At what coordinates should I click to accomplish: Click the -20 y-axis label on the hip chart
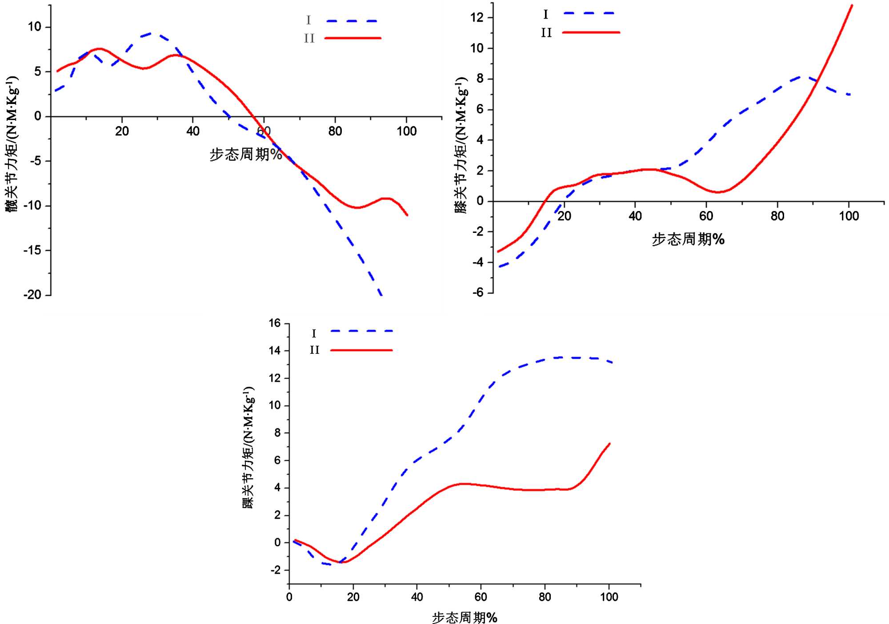pyautogui.click(x=32, y=295)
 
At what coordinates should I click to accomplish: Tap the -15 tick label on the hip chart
pyautogui.click(x=32, y=250)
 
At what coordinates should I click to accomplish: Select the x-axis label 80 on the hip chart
pyautogui.click(x=335, y=131)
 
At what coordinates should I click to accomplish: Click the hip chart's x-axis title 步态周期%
pyautogui.click(x=245, y=155)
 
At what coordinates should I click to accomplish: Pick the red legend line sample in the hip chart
pyautogui.click(x=353, y=38)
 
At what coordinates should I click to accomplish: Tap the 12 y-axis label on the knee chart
pyautogui.click(x=477, y=17)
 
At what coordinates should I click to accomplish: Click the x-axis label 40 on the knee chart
pyautogui.click(x=635, y=216)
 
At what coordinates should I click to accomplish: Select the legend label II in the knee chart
pyautogui.click(x=546, y=33)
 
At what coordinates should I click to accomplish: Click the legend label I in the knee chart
pyautogui.click(x=546, y=15)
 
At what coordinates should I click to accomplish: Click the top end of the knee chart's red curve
pyautogui.click(x=852, y=5)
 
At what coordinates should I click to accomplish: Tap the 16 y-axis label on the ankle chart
pyautogui.click(x=275, y=323)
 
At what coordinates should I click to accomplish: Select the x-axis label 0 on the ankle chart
pyautogui.click(x=289, y=597)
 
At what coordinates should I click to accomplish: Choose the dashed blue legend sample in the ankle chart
pyautogui.click(x=362, y=331)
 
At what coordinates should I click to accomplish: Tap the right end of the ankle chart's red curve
pyautogui.click(x=609, y=444)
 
